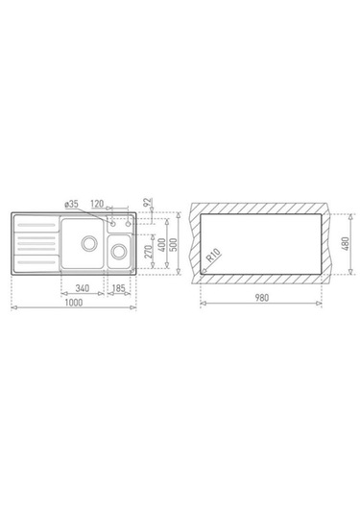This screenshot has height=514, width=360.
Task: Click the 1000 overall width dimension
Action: point(74,303)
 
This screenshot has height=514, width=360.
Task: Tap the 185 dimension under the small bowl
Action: point(118,287)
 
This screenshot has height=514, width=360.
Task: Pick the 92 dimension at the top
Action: point(147,203)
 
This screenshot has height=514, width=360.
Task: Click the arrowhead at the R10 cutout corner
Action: point(203,272)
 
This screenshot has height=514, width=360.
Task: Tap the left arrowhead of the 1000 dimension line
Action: point(13,308)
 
